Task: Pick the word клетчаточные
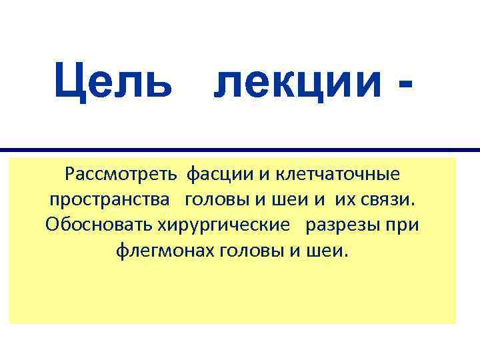[x=339, y=175]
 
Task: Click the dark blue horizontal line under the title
[x=240, y=150]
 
